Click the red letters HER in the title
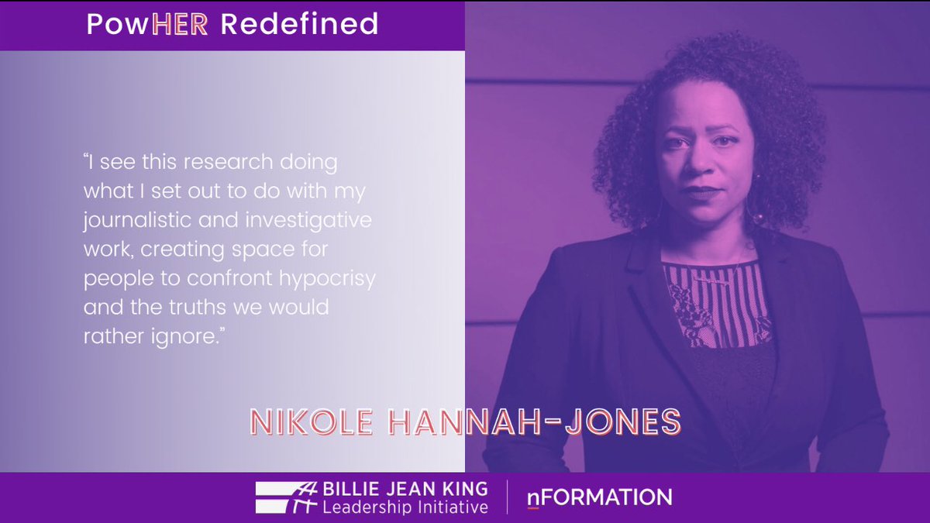point(180,24)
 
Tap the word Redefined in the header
point(299,24)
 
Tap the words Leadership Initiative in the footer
point(405,508)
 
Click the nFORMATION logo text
point(599,497)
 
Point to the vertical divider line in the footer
point(508,497)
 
